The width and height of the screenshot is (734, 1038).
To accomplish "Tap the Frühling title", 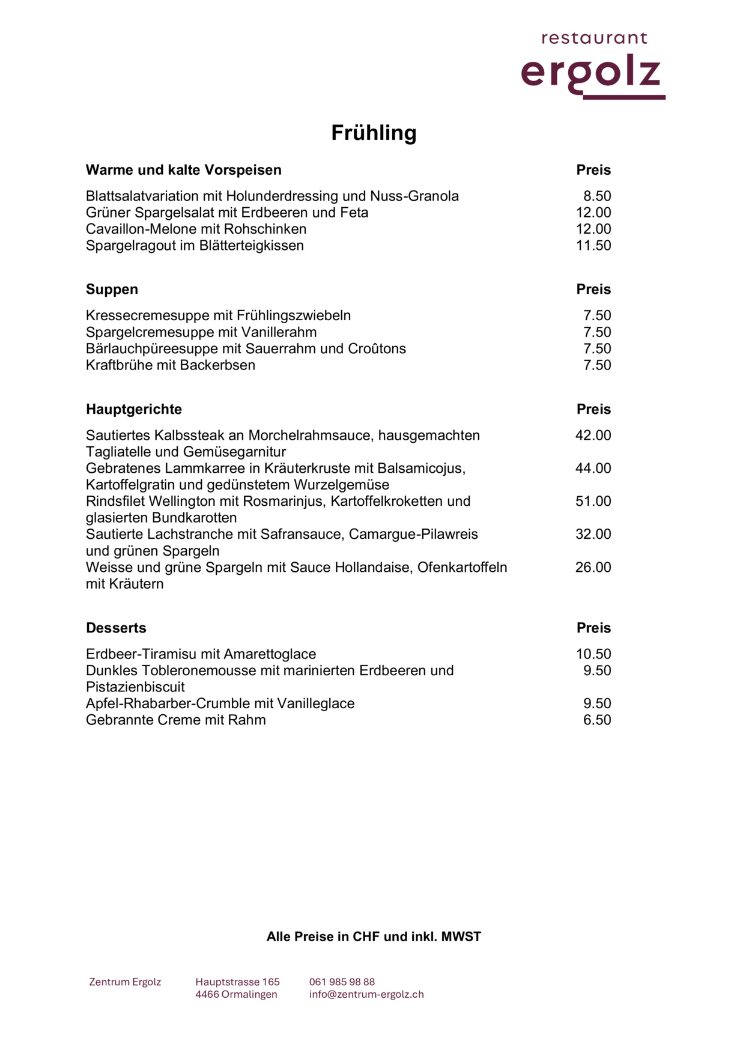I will coord(374,133).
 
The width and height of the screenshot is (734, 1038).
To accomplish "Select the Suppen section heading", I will coord(112,290).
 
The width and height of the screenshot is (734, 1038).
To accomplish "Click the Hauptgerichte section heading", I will coord(133,409).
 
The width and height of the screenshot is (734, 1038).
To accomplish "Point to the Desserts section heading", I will coord(116,628).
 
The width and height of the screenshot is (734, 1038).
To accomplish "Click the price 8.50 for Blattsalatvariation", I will coord(597,196).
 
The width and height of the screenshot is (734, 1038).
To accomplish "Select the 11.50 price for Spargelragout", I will coord(593,246).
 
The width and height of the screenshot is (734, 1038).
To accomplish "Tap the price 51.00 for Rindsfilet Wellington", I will coord(593,502).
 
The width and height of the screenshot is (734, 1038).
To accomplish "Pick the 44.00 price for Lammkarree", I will coord(593,469).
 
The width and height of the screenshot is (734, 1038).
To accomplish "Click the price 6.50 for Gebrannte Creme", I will coord(597,720).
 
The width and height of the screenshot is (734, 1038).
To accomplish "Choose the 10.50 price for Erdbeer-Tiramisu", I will coord(593,654).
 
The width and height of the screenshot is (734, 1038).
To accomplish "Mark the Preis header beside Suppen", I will coord(593,290).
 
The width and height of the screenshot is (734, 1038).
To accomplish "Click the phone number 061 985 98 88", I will coord(342,982).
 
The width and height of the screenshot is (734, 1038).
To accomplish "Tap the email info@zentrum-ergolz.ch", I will coord(366,995).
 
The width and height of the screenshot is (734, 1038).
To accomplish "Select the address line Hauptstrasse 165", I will coord(237,982).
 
